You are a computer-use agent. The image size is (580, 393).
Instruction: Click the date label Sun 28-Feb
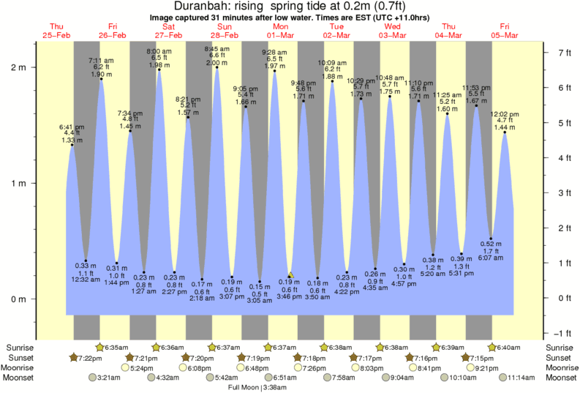[225, 30]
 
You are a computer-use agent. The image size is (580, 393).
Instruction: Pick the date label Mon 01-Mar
[280, 30]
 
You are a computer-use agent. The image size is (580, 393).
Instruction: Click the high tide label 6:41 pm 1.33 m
[72, 132]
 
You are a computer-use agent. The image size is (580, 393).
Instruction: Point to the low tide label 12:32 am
[86, 279]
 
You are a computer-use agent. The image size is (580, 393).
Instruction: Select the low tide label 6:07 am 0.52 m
[491, 251]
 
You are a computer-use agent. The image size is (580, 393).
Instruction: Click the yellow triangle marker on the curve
[290, 274]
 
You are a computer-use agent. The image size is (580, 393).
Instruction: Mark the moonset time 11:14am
[518, 378]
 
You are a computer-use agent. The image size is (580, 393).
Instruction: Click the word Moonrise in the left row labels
[20, 367]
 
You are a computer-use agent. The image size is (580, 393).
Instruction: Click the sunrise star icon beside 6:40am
[493, 347]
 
